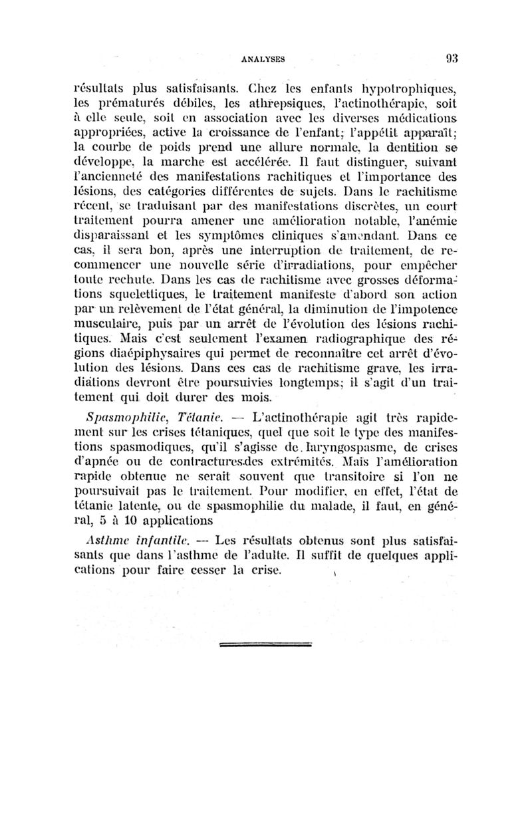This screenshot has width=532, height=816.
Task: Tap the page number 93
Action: [453, 57]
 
